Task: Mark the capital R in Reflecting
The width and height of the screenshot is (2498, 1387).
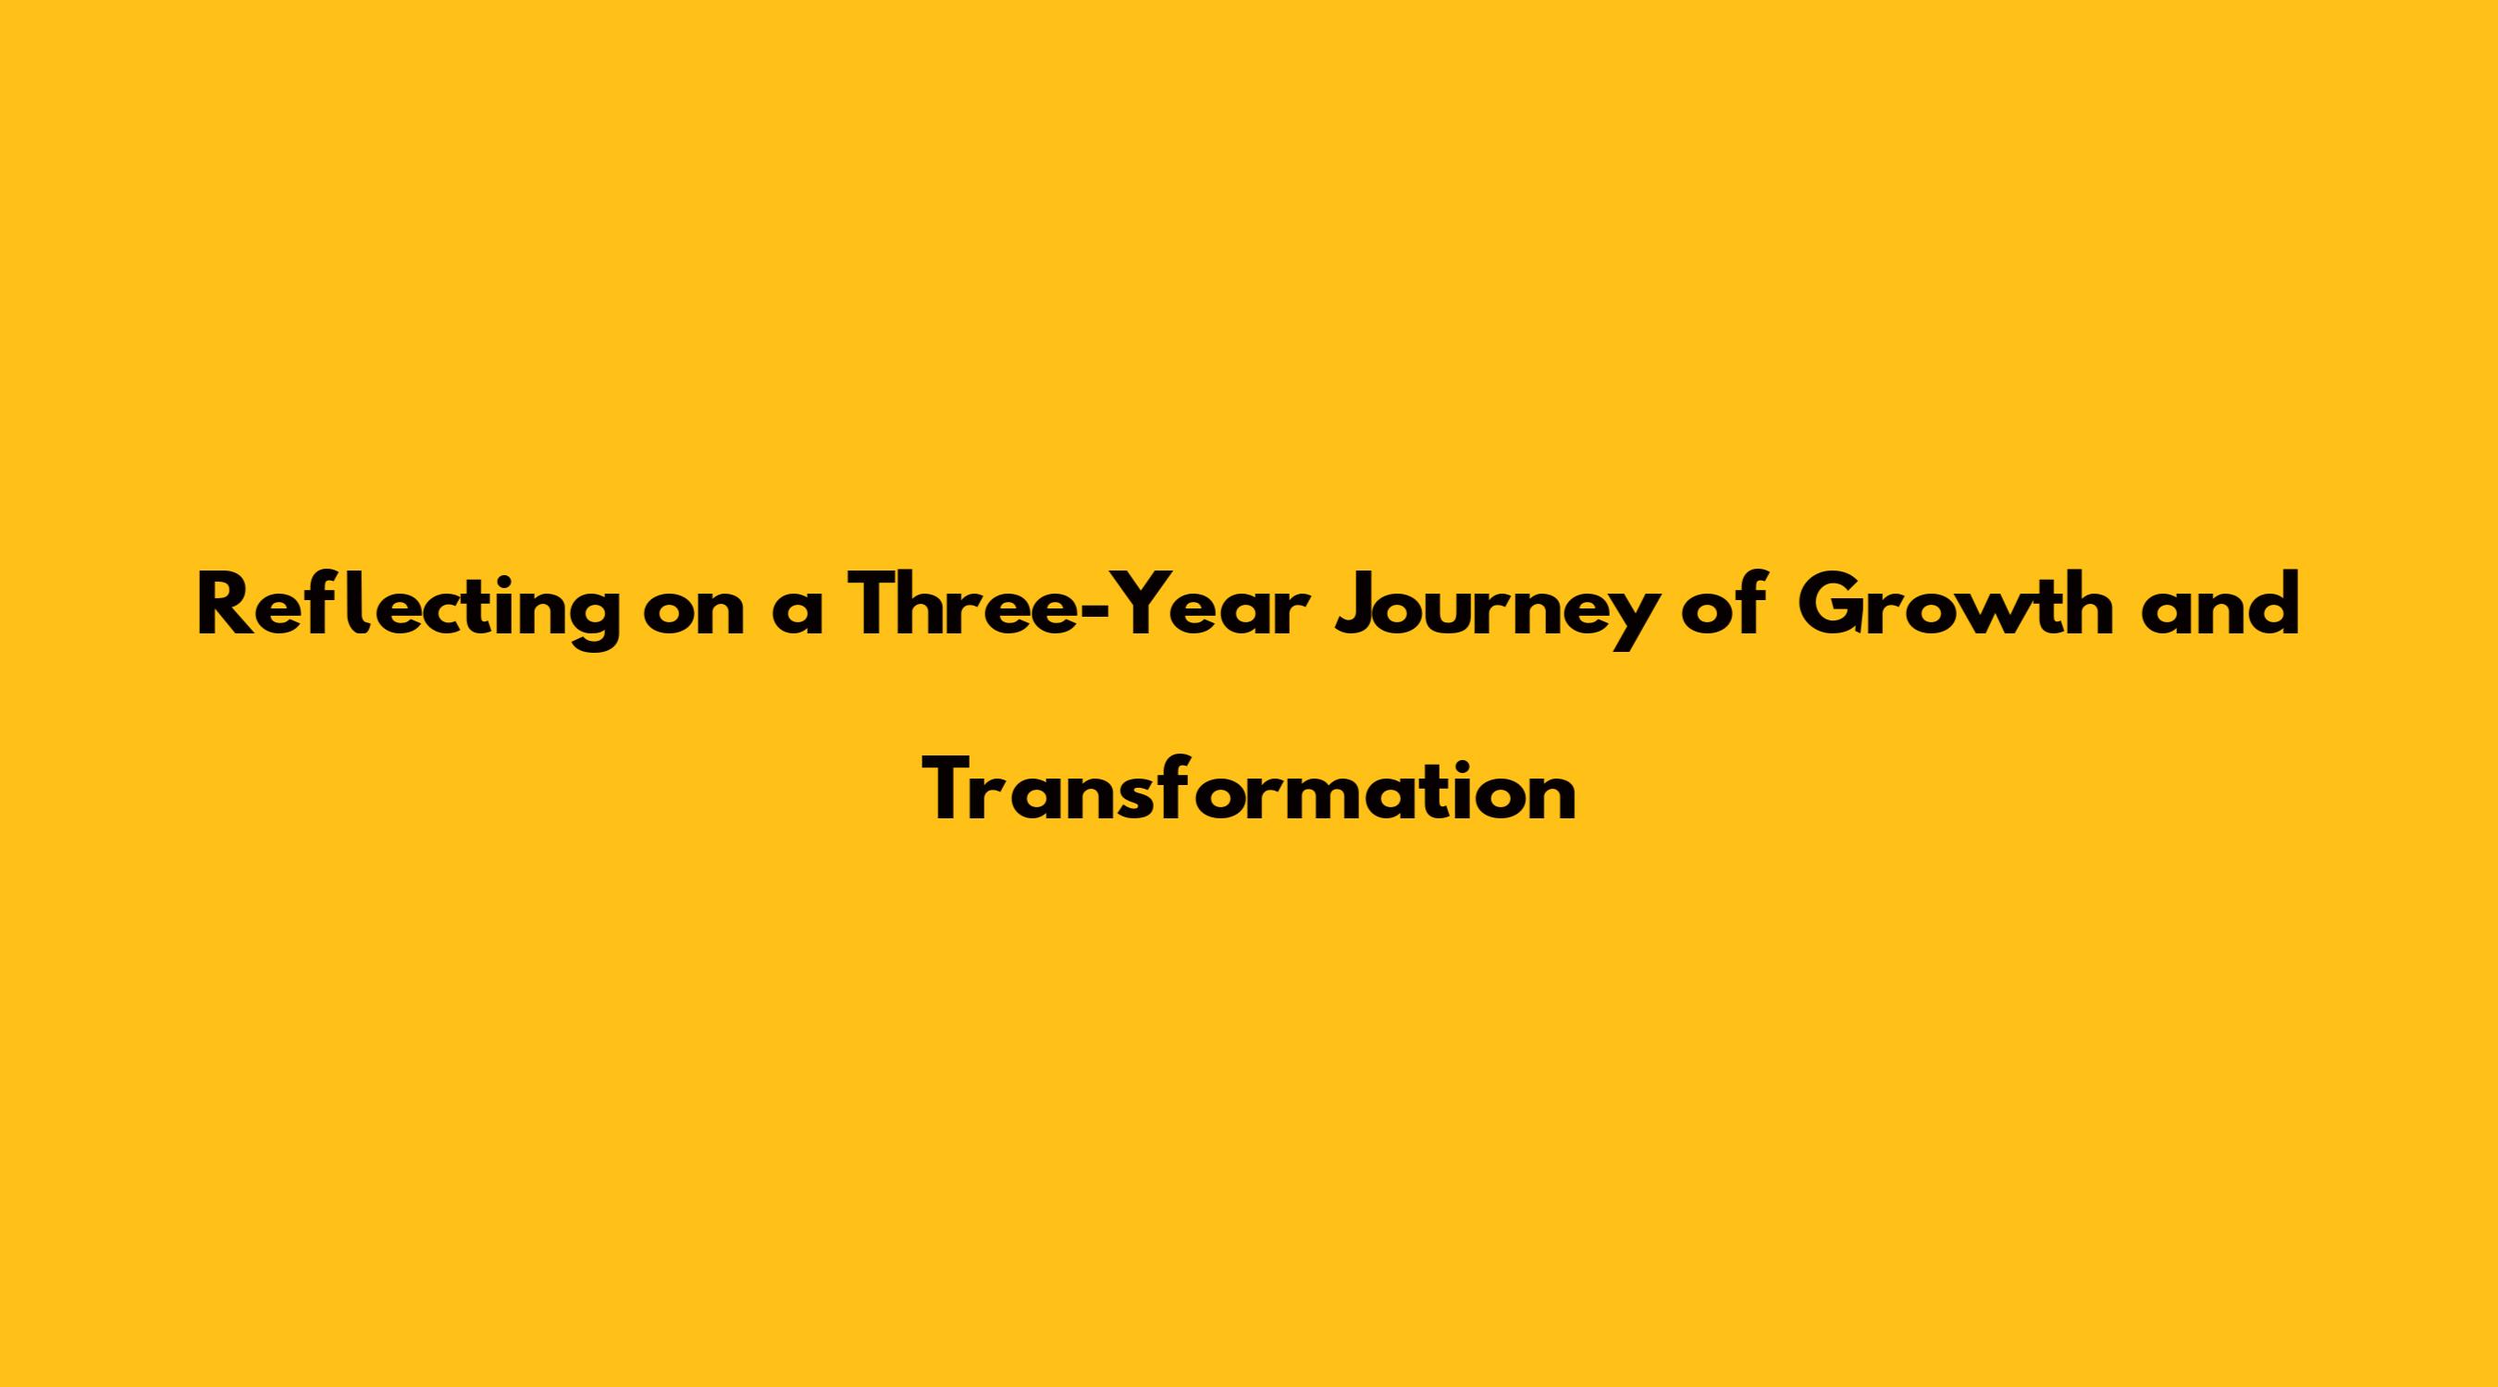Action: click(223, 607)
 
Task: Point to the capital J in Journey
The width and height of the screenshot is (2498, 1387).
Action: click(1355, 608)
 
